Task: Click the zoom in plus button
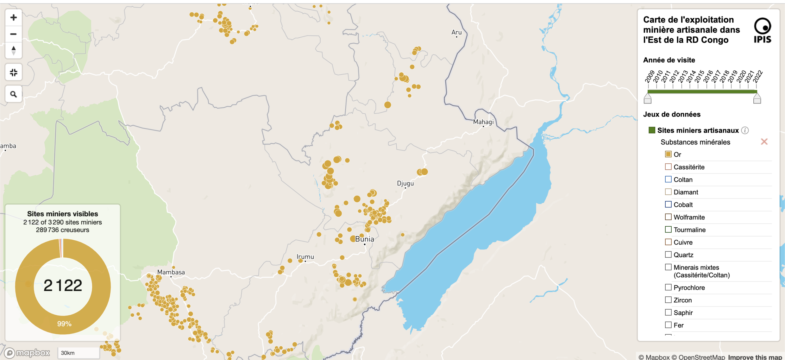pyautogui.click(x=13, y=17)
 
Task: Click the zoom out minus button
pyautogui.click(x=13, y=34)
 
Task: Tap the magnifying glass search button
pyautogui.click(x=13, y=94)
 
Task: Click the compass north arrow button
pyautogui.click(x=13, y=50)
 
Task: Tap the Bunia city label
pyautogui.click(x=364, y=239)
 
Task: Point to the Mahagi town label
pyautogui.click(x=483, y=122)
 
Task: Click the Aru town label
pyautogui.click(x=456, y=32)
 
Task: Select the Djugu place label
pyautogui.click(x=405, y=183)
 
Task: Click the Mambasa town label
pyautogui.click(x=171, y=272)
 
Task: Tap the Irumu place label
pyautogui.click(x=305, y=257)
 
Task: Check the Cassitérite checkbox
pyautogui.click(x=668, y=167)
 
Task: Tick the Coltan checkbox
pyautogui.click(x=668, y=180)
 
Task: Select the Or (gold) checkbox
pyautogui.click(x=668, y=154)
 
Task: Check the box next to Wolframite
pyautogui.click(x=668, y=217)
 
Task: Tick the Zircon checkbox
pyautogui.click(x=668, y=300)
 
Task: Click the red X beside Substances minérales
pyautogui.click(x=764, y=142)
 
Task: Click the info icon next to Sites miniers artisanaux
pyautogui.click(x=745, y=130)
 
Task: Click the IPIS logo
pyautogui.click(x=762, y=30)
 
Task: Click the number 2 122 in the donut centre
pyautogui.click(x=63, y=285)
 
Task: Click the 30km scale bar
pyautogui.click(x=78, y=353)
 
